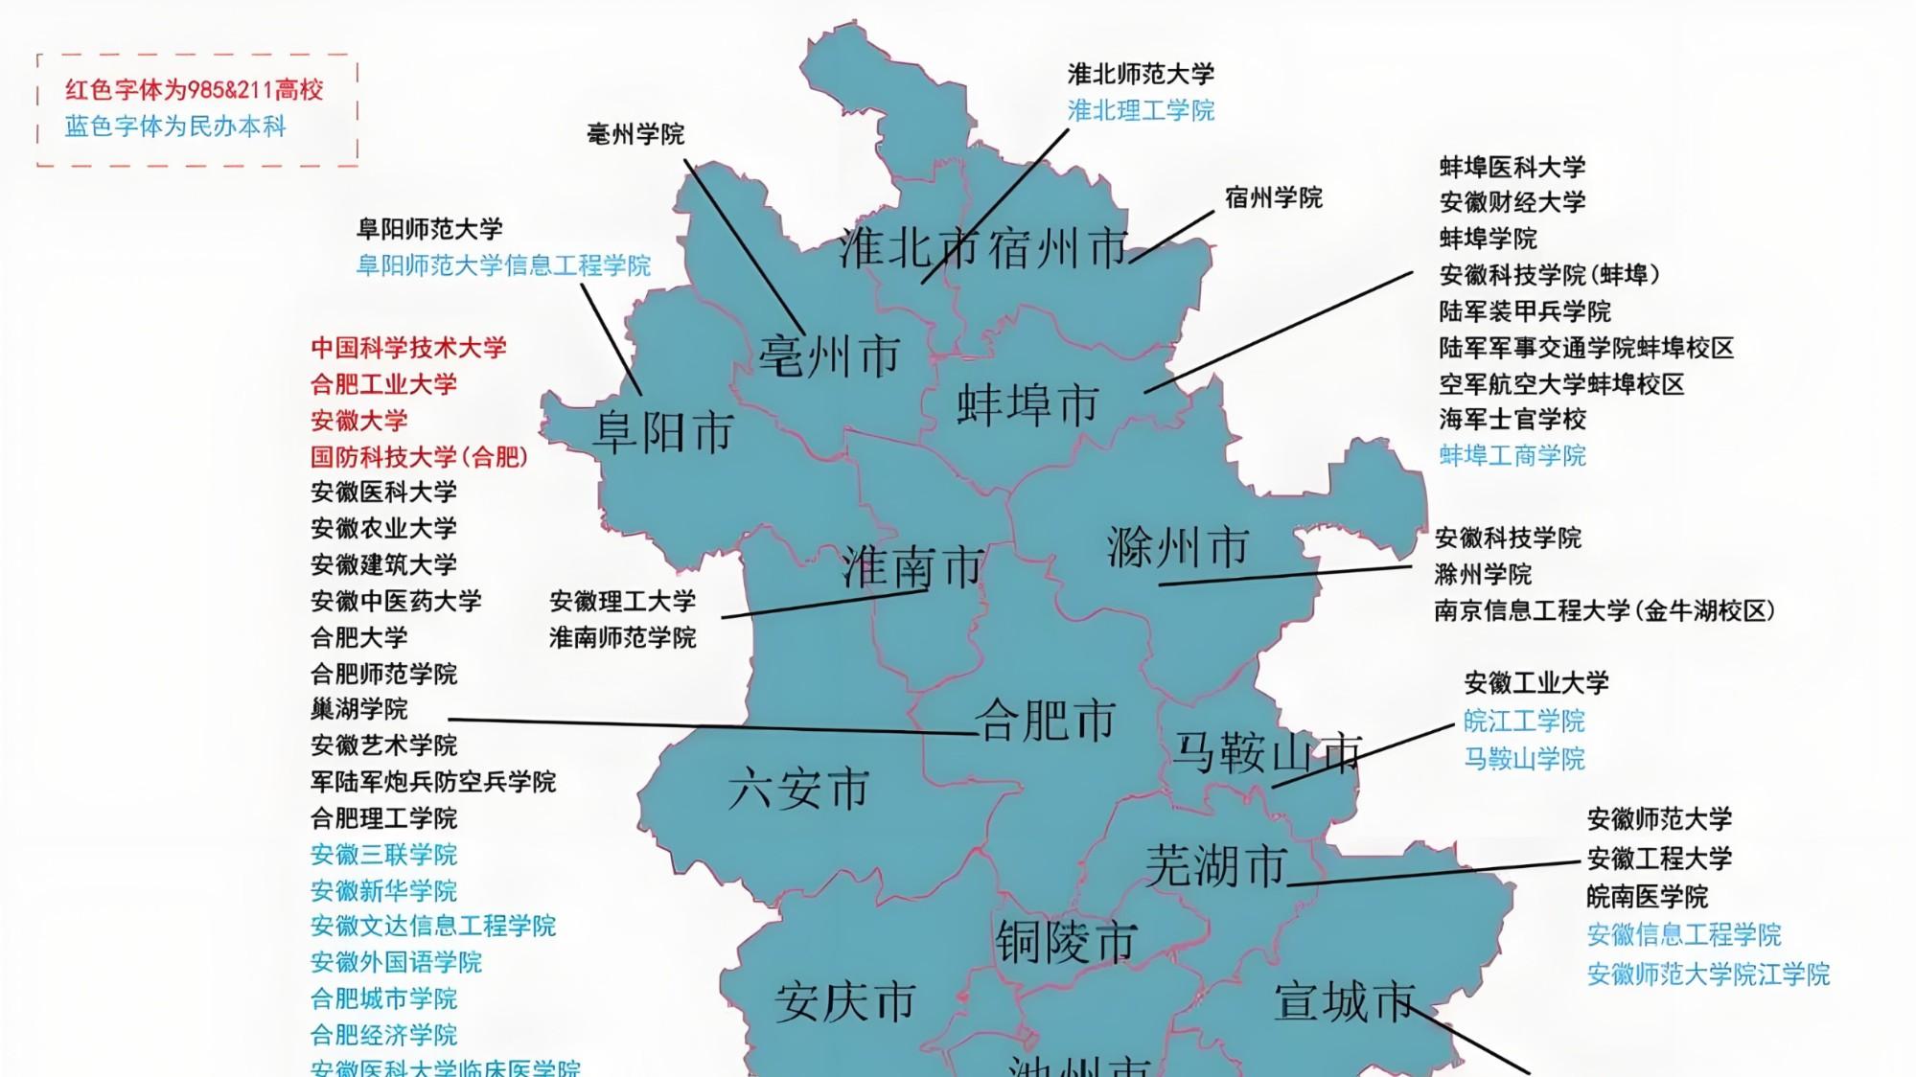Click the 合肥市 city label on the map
pyautogui.click(x=1046, y=721)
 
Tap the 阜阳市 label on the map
pyautogui.click(x=663, y=432)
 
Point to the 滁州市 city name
pyautogui.click(x=1178, y=548)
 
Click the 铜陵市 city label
pyautogui.click(x=1066, y=942)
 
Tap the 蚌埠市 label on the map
pyautogui.click(x=1027, y=404)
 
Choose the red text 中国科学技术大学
pyautogui.click(x=408, y=348)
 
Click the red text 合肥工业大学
pyautogui.click(x=383, y=384)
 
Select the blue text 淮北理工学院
pyautogui.click(x=1141, y=110)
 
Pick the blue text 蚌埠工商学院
pyautogui.click(x=1512, y=455)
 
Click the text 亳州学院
pyautogui.click(x=635, y=134)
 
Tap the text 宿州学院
pyautogui.click(x=1273, y=198)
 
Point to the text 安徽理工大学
pyautogui.click(x=622, y=602)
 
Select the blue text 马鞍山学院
pyautogui.click(x=1524, y=759)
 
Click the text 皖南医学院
pyautogui.click(x=1647, y=897)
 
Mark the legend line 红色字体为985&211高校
pyautogui.click(x=195, y=90)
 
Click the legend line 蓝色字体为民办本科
pyautogui.click(x=175, y=126)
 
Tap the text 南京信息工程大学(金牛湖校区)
pyautogui.click(x=1604, y=610)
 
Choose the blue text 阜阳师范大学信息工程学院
pyautogui.click(x=503, y=265)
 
